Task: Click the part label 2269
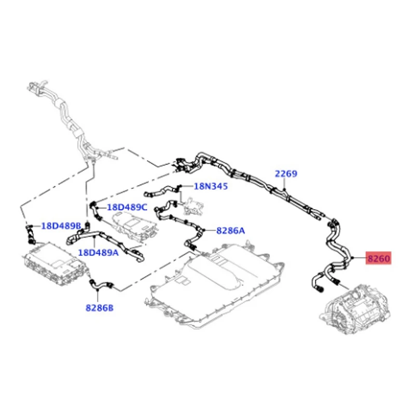(286, 174)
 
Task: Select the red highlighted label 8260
(379, 258)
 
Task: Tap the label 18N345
(211, 186)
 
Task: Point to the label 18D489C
(127, 207)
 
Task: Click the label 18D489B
(61, 226)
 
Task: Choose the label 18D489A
(99, 253)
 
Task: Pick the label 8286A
(230, 231)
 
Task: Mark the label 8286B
(100, 308)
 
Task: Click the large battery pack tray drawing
(214, 286)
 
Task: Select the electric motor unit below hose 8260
(355, 310)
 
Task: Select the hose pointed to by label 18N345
(161, 191)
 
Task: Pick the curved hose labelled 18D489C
(95, 211)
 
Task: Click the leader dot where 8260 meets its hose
(353, 258)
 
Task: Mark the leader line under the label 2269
(284, 184)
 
